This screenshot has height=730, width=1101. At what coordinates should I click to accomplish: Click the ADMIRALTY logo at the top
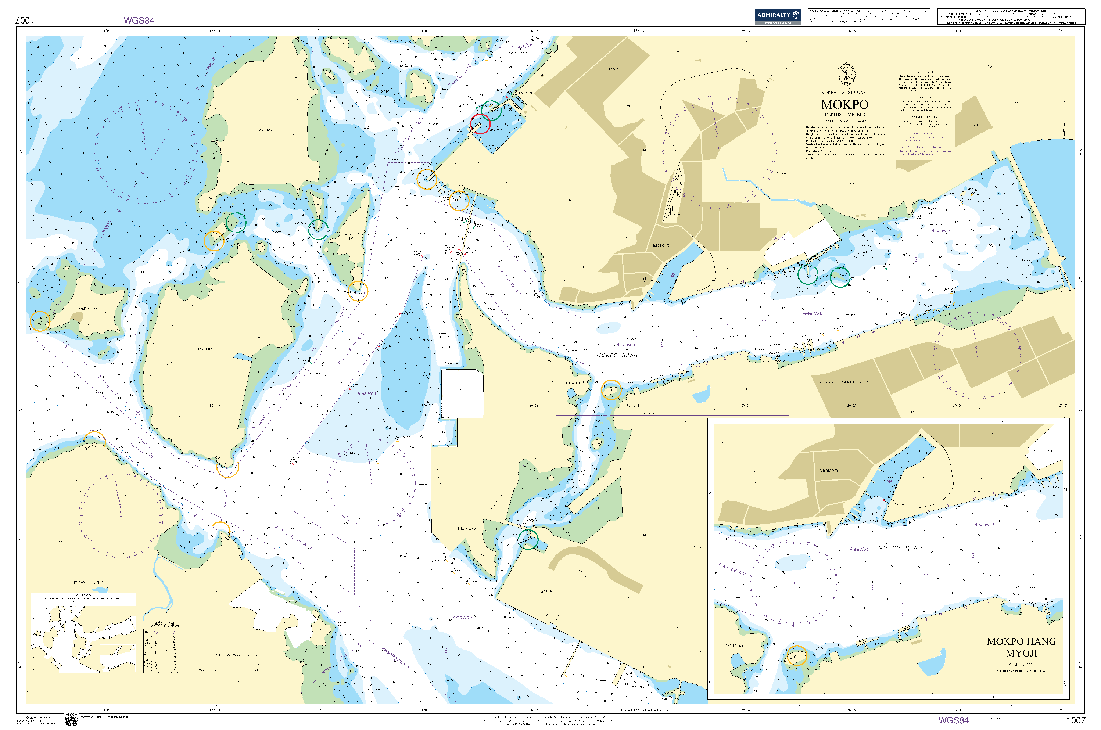777,16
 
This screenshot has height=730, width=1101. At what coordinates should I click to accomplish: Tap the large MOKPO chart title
844,104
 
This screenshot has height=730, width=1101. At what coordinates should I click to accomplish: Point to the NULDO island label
265,129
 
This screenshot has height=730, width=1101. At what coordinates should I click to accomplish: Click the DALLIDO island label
206,349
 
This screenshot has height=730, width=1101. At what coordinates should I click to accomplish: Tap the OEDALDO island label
87,309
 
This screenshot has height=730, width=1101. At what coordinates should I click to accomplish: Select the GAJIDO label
547,591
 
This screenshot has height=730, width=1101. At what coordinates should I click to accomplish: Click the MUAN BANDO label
608,69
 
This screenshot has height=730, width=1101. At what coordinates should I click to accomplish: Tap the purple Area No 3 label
940,230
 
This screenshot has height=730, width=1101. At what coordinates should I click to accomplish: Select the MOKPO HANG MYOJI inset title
1021,647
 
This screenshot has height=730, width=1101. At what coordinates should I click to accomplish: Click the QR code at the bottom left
71,719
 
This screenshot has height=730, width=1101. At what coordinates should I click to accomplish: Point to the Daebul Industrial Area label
848,381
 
